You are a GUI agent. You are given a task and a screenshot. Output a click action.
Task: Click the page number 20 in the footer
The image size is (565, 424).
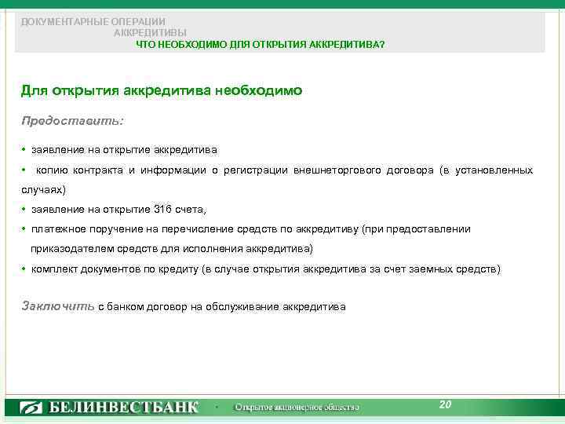click(x=446, y=404)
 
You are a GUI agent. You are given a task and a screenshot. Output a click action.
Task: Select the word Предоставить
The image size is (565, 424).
click(x=72, y=122)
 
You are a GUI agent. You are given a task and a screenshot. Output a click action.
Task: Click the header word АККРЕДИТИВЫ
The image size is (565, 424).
click(x=150, y=33)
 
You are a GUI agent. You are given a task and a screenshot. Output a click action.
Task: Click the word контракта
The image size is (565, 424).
click(x=97, y=170)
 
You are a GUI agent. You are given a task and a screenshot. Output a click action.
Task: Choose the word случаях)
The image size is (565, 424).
click(x=44, y=190)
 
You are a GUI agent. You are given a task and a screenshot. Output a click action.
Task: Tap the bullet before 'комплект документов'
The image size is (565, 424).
click(x=24, y=269)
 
